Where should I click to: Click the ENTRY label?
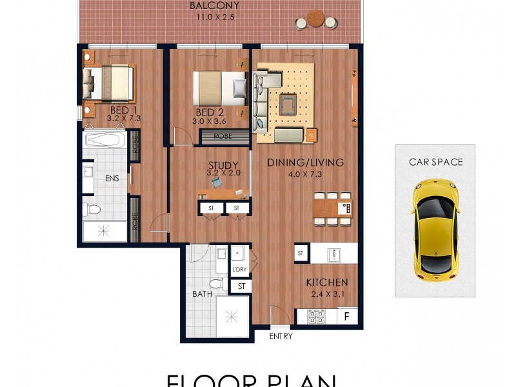281,336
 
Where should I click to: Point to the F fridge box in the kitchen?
347,317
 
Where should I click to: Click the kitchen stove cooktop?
317,317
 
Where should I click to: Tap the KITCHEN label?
326,283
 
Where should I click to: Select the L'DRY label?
240,268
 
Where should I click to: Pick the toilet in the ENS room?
92,209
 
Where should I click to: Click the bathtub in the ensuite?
104,140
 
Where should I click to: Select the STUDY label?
223,165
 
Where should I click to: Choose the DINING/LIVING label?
305,163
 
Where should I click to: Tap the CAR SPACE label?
435,162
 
